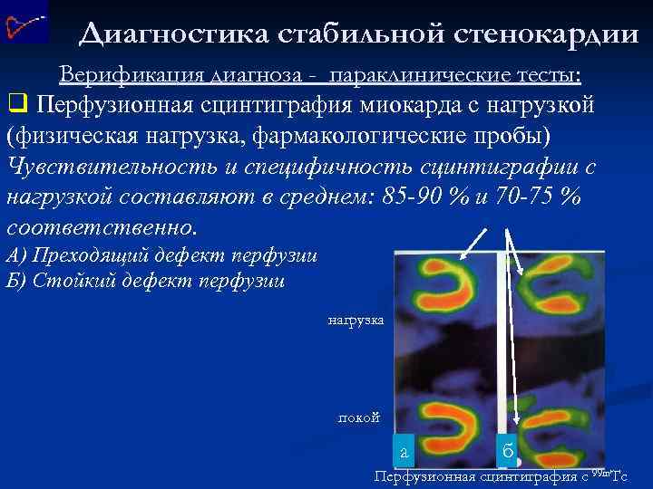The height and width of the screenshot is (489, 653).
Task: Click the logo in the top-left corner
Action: coord(24,23)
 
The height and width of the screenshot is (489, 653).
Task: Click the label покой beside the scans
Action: coord(358,417)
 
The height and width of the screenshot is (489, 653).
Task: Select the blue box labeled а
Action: coord(404,450)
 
